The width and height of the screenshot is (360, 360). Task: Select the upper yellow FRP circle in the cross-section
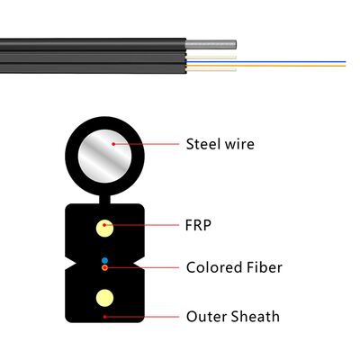tap(105, 226)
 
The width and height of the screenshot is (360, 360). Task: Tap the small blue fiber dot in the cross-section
tap(105, 260)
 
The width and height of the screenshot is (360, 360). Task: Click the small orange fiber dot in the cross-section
tap(105, 267)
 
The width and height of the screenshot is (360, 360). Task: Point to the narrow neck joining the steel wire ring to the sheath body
tap(105, 194)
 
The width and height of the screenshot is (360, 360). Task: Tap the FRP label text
tap(199, 225)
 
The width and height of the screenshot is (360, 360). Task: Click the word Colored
tap(214, 267)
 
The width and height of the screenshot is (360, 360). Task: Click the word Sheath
tap(256, 316)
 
